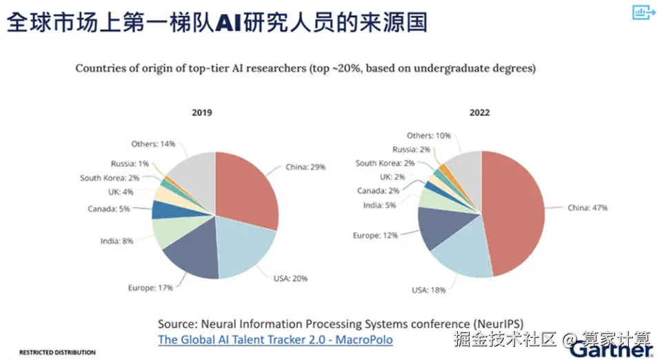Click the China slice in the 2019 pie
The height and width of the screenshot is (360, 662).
[x=245, y=190]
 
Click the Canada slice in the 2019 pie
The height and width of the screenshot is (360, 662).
[x=163, y=210]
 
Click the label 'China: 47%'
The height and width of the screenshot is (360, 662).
[x=588, y=208]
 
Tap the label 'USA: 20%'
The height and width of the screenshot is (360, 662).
[x=290, y=279]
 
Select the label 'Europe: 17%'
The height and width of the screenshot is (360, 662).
[x=151, y=288]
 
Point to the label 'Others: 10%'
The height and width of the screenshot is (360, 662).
[x=428, y=135]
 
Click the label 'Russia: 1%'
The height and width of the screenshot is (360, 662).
[x=130, y=163]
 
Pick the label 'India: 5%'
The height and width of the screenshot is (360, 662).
[x=379, y=205]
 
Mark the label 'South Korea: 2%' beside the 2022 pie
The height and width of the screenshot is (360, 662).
[x=385, y=163]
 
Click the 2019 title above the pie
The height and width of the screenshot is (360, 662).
[x=202, y=112]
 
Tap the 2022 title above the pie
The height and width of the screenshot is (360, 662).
[x=480, y=112]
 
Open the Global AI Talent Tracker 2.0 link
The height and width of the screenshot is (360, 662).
[x=275, y=340]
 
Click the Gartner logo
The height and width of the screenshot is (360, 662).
[x=611, y=350]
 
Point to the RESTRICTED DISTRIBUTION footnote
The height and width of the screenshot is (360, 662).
[x=57, y=352]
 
